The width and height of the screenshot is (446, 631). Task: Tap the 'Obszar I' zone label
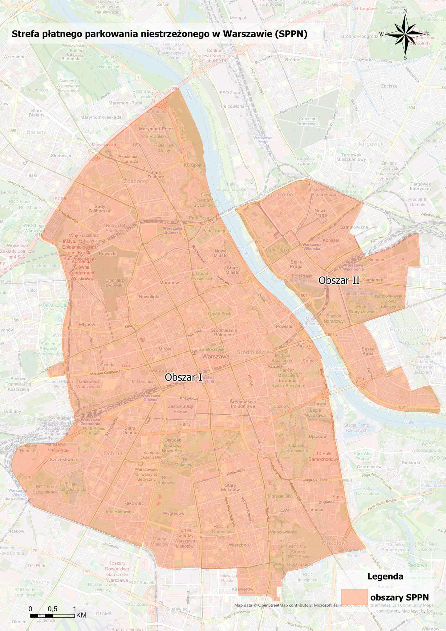(x=183, y=377)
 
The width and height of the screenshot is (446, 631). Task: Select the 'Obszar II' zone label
(x=339, y=280)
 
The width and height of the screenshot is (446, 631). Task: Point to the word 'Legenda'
(x=385, y=577)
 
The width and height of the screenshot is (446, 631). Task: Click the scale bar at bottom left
(x=52, y=616)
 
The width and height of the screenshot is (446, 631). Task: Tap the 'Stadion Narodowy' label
(x=334, y=319)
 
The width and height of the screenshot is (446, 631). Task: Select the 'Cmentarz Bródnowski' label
(x=308, y=121)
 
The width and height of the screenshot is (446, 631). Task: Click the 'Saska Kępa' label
(x=368, y=351)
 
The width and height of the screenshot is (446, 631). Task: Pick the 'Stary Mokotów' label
(x=230, y=487)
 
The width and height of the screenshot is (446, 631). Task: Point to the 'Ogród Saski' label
(x=220, y=314)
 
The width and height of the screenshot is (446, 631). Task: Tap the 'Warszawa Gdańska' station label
(x=172, y=230)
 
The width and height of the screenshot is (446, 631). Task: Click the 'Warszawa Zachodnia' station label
(x=90, y=422)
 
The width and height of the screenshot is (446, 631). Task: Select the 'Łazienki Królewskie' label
(x=297, y=448)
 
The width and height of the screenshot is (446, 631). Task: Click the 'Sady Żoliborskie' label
(x=100, y=209)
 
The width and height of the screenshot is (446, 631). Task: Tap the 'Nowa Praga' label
(x=320, y=213)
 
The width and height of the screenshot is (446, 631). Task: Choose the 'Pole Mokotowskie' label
(x=187, y=462)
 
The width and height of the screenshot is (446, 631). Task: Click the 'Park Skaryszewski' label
(x=362, y=309)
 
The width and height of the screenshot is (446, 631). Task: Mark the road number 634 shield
(x=412, y=108)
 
